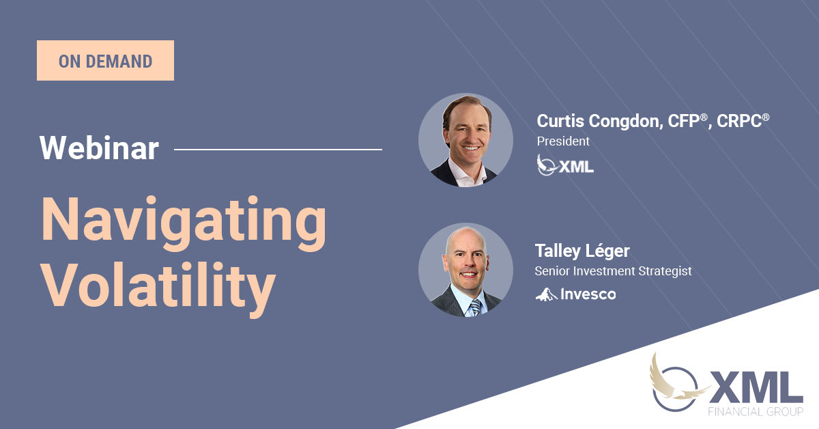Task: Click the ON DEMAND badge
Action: [105, 60]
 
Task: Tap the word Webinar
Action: [99, 148]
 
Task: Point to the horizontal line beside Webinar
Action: [278, 150]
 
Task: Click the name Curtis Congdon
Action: [600, 122]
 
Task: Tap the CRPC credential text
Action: [743, 121]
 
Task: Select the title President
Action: [563, 141]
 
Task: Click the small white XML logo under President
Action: [565, 165]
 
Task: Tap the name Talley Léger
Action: [582, 251]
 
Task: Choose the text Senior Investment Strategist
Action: [613, 271]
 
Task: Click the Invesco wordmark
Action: [588, 294]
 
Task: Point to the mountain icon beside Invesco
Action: [546, 294]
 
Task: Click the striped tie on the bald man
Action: [476, 307]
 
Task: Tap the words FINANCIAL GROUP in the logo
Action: [756, 411]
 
